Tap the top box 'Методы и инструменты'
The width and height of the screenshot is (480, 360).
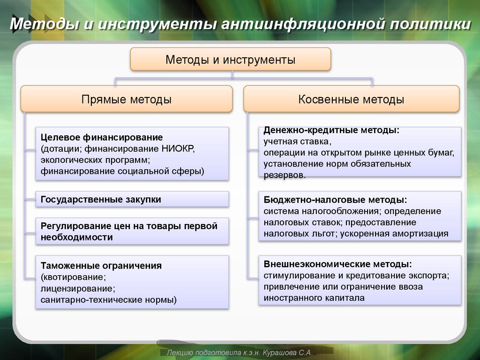230,60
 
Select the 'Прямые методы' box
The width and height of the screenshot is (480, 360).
127,99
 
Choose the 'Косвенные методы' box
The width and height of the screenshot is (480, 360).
351,99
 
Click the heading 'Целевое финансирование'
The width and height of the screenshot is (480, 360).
102,137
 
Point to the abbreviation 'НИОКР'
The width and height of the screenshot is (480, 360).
178,149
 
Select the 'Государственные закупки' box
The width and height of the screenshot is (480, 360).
101,199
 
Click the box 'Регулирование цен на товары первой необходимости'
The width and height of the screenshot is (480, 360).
129,232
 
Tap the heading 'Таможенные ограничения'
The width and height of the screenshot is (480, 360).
101,266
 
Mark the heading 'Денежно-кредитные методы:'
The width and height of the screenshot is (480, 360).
331,130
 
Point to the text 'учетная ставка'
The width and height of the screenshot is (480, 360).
296,141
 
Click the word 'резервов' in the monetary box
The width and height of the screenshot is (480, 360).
284,175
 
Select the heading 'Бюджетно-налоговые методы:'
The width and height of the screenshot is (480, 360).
335,200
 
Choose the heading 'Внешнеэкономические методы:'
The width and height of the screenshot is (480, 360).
338,264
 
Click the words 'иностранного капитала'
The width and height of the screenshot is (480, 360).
314,298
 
